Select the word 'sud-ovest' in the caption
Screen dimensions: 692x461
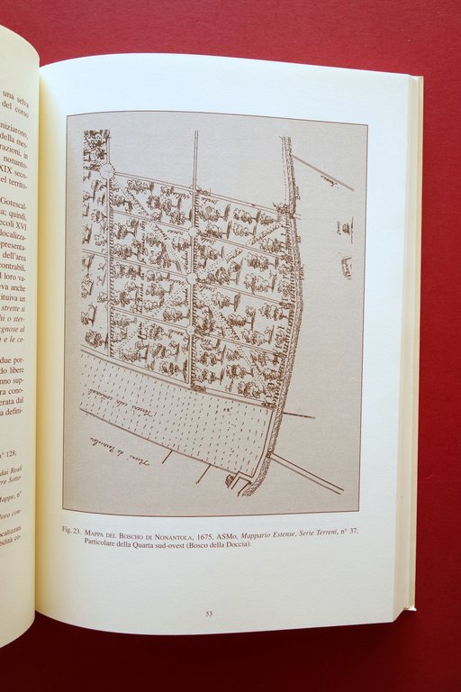tap(175, 542)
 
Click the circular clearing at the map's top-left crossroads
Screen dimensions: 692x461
tap(106, 170)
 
